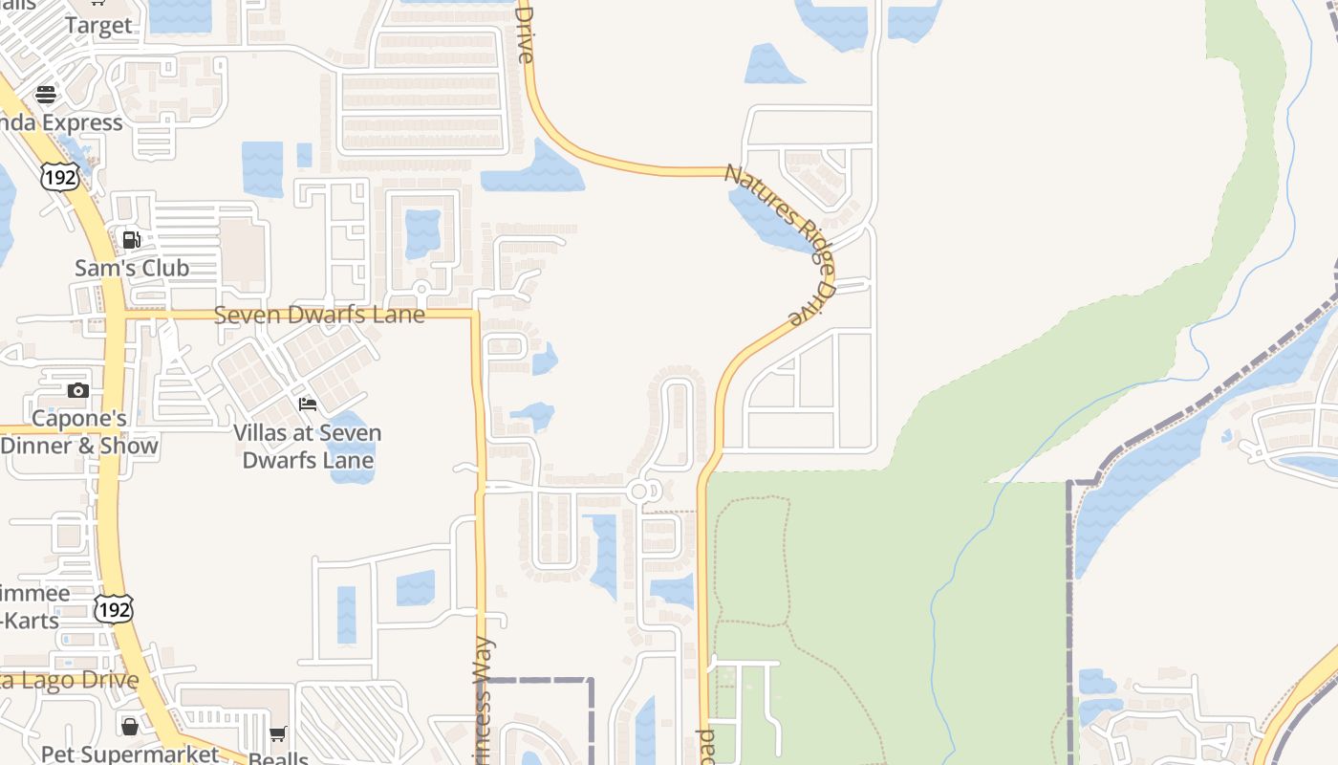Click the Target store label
point(98,26)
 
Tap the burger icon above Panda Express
point(45,95)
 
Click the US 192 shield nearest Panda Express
point(59,175)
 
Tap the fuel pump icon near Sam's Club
point(132,239)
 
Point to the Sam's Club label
point(132,269)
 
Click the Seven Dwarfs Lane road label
point(319,315)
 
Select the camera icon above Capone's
point(78,390)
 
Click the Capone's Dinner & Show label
point(79,432)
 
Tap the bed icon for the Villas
point(308,404)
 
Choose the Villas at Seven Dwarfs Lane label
point(308,447)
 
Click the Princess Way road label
point(484,698)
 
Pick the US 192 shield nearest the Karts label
point(113,608)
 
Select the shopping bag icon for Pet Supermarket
point(130,727)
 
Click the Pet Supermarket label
point(130,754)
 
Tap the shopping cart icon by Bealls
point(277,734)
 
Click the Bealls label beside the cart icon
point(277,757)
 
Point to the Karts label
point(31,620)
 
